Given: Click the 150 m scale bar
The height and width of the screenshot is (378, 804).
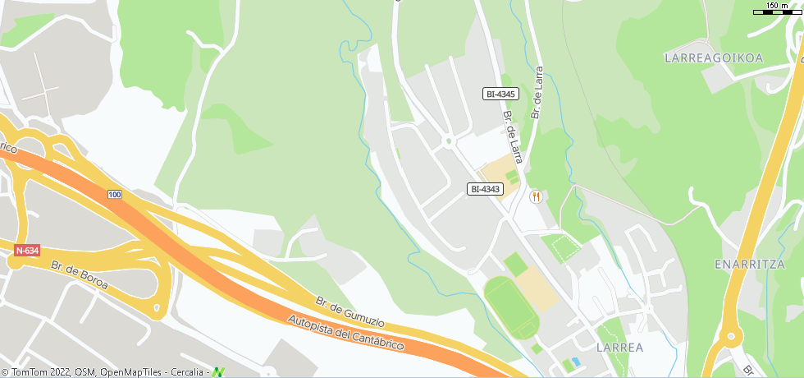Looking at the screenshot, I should coord(777,7).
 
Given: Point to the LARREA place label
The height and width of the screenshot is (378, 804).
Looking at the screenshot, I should coord(620,348).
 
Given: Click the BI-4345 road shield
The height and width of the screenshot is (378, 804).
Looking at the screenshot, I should coord(500,94).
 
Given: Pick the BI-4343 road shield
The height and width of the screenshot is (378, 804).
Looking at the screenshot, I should coord(485,189).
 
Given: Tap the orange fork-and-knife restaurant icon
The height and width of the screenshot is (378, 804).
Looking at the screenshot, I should coord(536,196).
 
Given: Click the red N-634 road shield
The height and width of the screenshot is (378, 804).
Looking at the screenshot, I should coord(27,251).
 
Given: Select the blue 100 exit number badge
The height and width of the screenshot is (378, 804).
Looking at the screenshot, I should coord(114,194).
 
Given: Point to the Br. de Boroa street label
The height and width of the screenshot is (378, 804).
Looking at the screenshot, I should coord(80,278).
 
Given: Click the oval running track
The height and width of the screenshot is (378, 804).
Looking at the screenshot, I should coord(510,306).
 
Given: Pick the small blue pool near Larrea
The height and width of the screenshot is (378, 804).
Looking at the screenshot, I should coord(576,362).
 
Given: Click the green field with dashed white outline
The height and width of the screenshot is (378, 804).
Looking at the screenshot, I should coord(559,246).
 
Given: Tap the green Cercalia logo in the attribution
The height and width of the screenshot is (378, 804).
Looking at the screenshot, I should coord(218,372).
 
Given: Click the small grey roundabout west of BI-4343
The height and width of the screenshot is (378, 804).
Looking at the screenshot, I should coord(448,141).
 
